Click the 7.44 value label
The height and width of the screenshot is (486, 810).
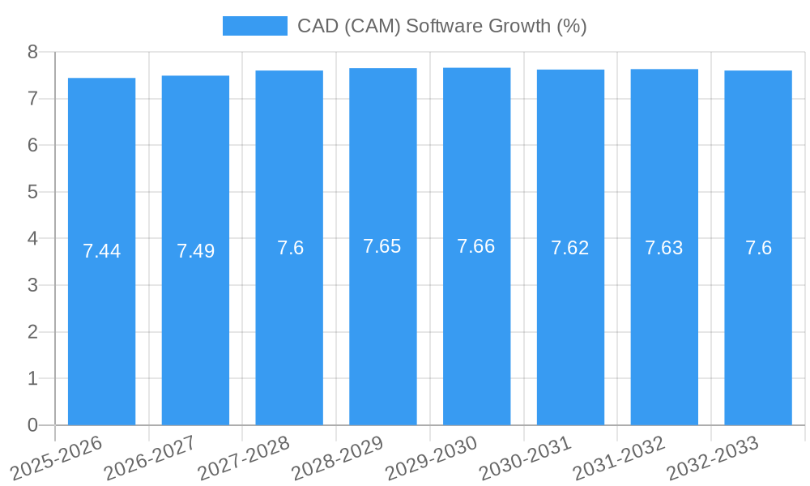(x=101, y=251)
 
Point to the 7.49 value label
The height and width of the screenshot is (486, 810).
(x=195, y=251)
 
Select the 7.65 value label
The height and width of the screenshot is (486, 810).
(x=382, y=246)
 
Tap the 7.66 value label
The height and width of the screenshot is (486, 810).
(x=476, y=246)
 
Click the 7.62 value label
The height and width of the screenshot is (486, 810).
(x=570, y=249)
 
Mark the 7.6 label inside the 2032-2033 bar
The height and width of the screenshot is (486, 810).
(x=758, y=249)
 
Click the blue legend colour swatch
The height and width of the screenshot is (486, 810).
(x=255, y=26)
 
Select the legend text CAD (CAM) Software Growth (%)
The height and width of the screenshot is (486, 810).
(x=441, y=26)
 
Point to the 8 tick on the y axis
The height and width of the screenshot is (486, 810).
(x=32, y=52)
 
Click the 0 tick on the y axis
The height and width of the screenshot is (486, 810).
(x=32, y=425)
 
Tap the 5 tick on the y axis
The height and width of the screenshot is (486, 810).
(x=32, y=192)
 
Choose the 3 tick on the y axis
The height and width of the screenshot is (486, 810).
(x=32, y=285)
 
